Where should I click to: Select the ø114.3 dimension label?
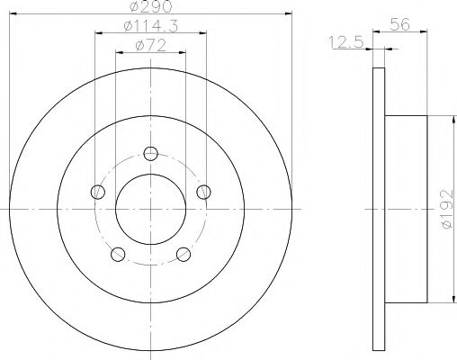point(148,27)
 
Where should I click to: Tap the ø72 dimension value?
point(148,46)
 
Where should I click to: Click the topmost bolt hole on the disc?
point(150,152)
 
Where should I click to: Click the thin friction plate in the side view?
point(378,208)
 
